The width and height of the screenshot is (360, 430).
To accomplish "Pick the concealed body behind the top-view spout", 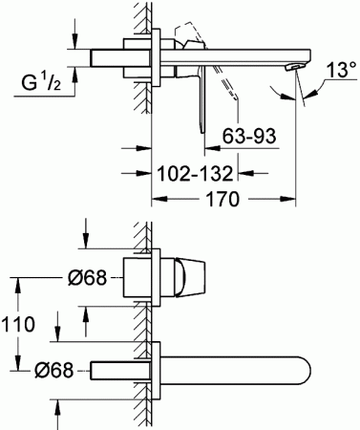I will coord(116,370).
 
